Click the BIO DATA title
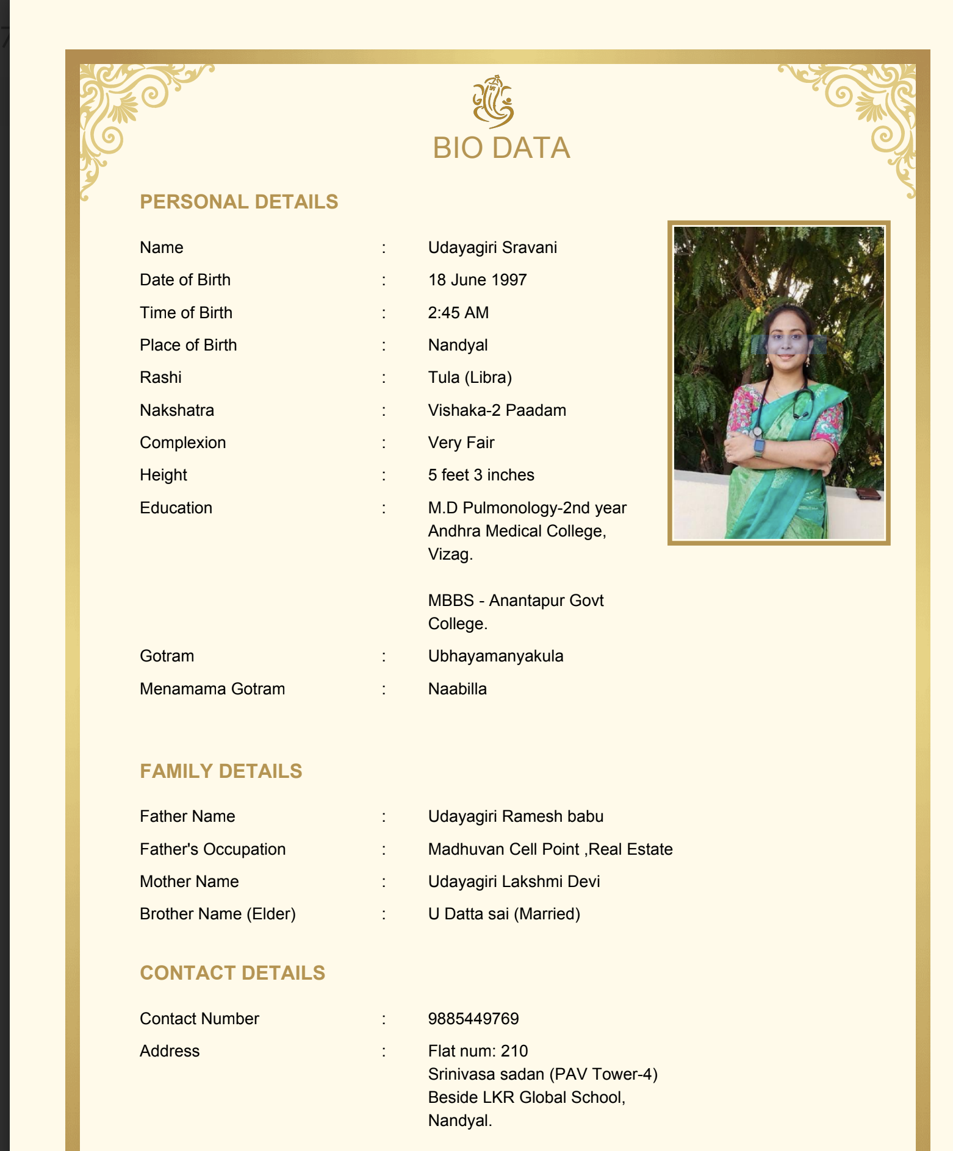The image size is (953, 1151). tap(501, 148)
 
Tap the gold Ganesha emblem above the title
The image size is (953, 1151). tap(493, 101)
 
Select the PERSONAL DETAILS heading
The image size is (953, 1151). tap(239, 202)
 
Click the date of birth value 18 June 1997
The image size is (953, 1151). tap(477, 280)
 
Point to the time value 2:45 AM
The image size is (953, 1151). tap(458, 313)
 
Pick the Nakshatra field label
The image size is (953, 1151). tap(176, 410)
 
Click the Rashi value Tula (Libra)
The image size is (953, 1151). tap(470, 377)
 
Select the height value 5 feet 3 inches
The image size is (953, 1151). tap(481, 475)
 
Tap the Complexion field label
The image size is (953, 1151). tap(182, 443)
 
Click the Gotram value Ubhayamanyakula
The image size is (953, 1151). tap(495, 656)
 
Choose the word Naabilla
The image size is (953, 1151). tap(457, 689)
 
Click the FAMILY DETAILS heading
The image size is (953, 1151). tap(221, 771)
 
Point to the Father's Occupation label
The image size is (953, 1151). tap(212, 849)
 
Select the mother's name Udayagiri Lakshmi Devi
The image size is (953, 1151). tap(514, 882)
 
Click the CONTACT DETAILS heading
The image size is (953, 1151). tap(232, 973)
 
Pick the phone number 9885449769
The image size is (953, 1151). tap(473, 1019)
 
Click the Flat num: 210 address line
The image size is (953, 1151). tap(478, 1051)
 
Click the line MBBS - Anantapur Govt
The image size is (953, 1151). tap(516, 600)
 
